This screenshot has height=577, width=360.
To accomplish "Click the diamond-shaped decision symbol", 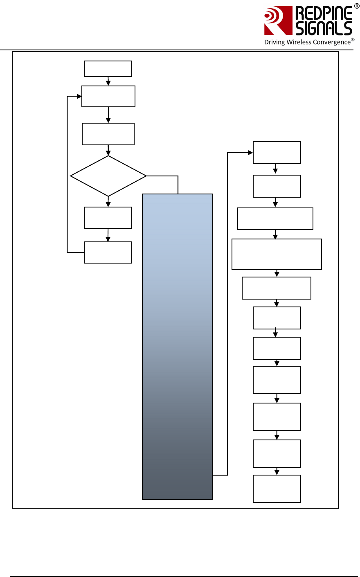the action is (x=108, y=176).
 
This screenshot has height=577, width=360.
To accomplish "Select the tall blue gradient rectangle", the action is (x=178, y=347).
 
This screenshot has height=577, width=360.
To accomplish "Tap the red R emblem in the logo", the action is (x=277, y=20).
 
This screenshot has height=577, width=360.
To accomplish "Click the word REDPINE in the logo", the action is (x=323, y=14).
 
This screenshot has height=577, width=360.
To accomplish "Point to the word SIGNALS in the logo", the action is (x=323, y=28).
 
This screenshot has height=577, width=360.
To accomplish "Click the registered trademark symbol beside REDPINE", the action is (x=356, y=6).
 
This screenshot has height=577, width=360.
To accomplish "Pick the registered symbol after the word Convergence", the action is (x=353, y=40).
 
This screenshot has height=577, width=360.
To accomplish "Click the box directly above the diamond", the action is (x=108, y=134).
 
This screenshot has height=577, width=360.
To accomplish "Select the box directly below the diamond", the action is (x=108, y=218).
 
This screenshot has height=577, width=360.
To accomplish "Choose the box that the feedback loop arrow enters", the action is (x=108, y=96).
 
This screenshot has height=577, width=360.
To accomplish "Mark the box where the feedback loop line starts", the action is (x=108, y=252).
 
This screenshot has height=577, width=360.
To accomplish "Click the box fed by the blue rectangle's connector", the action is (x=277, y=153).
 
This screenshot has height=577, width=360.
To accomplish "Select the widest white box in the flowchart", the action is (x=277, y=254).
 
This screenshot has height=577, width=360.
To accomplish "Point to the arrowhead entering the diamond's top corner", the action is (x=108, y=153).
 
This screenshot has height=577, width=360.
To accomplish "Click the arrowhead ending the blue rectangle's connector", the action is (x=250, y=153).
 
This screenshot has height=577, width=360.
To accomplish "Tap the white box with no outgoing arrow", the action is (x=277, y=489).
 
